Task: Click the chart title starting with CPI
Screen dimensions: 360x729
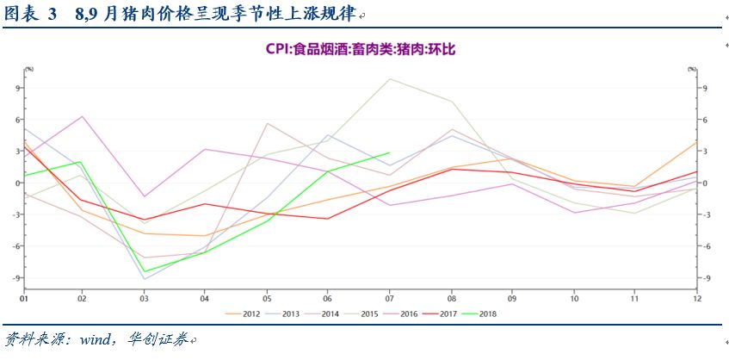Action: pyautogui.click(x=360, y=51)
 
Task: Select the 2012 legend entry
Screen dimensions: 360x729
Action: pyautogui.click(x=250, y=313)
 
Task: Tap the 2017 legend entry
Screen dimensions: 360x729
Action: pyautogui.click(x=448, y=313)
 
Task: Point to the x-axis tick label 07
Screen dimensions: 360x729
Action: pyautogui.click(x=390, y=299)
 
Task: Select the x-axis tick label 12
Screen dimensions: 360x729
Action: pyautogui.click(x=695, y=299)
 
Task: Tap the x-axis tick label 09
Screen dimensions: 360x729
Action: pyautogui.click(x=512, y=299)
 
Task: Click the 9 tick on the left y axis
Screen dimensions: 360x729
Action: pyautogui.click(x=17, y=88)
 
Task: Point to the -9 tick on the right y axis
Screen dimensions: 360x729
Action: pyautogui.click(x=703, y=277)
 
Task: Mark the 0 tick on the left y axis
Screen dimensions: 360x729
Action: pyautogui.click(x=17, y=183)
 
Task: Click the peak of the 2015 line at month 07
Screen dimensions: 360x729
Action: pyautogui.click(x=390, y=79)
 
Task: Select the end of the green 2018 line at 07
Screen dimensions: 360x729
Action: pyautogui.click(x=390, y=152)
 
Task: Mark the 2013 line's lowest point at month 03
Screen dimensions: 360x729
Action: pyautogui.click(x=145, y=279)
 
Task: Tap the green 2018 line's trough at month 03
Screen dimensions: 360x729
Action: pyautogui.click(x=145, y=271)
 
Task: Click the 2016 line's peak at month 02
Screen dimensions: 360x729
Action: pyautogui.click(x=83, y=116)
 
